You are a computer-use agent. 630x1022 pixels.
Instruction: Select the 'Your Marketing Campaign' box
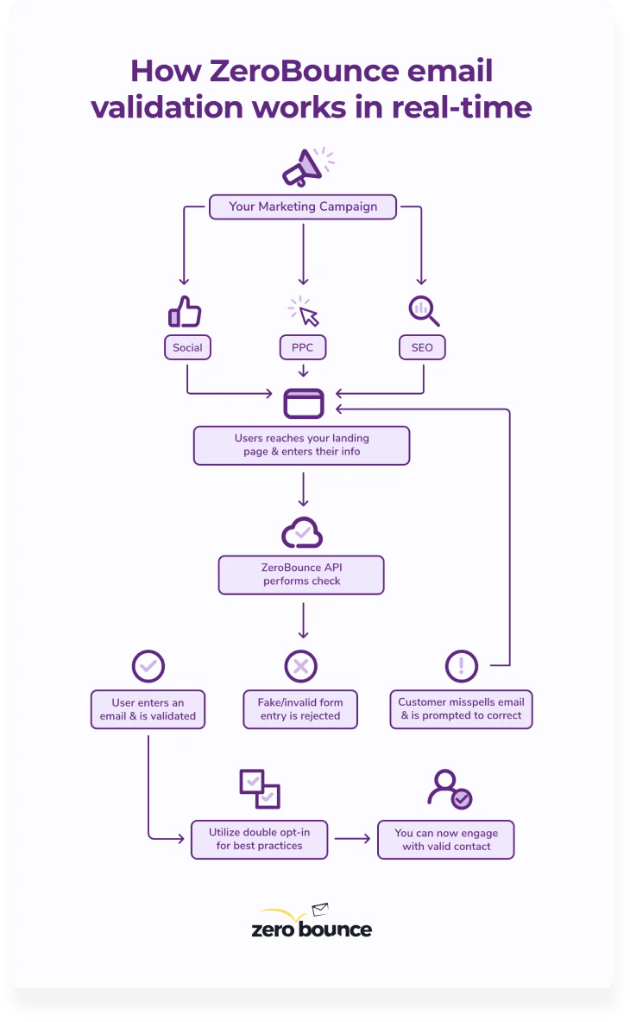[x=302, y=207]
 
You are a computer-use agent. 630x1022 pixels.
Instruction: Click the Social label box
[x=187, y=348]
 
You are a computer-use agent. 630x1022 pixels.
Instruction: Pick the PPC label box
[x=302, y=348]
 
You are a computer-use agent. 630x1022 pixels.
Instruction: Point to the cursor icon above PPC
[x=304, y=312]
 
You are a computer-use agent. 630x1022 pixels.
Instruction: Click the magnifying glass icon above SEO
[x=423, y=311]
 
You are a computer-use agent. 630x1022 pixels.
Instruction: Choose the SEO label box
[x=422, y=348]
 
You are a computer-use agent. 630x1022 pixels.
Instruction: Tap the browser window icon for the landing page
[x=304, y=403]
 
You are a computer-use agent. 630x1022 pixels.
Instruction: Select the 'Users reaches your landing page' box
[x=301, y=445]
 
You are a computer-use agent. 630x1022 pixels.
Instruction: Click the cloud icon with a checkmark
[x=302, y=534]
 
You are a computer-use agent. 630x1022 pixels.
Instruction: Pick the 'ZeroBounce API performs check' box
[x=301, y=574]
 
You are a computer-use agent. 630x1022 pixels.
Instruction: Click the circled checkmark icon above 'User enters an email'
[x=148, y=666]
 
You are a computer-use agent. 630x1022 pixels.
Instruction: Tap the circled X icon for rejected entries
[x=301, y=666]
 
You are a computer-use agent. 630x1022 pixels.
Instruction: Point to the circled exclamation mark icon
[x=461, y=666]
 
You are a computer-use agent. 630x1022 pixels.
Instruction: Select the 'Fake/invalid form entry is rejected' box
[x=300, y=709]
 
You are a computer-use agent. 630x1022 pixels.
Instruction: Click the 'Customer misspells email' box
[x=461, y=709]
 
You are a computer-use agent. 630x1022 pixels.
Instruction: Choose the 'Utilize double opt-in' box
[x=259, y=839]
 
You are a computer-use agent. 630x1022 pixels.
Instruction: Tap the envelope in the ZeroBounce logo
[x=320, y=910]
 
